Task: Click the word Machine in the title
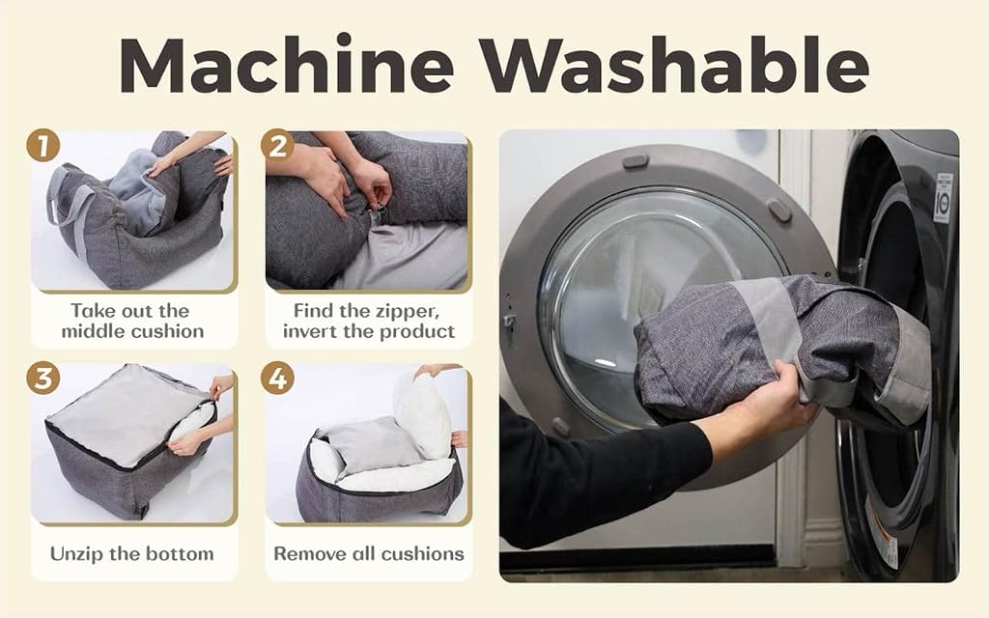click(286, 64)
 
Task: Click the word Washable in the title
click(675, 64)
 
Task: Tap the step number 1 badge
click(42, 146)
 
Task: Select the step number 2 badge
click(277, 146)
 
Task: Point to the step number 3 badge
click(42, 379)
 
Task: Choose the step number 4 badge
click(277, 379)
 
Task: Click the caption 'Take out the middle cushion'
click(132, 321)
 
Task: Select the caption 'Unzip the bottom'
click(131, 553)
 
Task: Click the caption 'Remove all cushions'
click(369, 553)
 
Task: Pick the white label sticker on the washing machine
click(943, 197)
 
